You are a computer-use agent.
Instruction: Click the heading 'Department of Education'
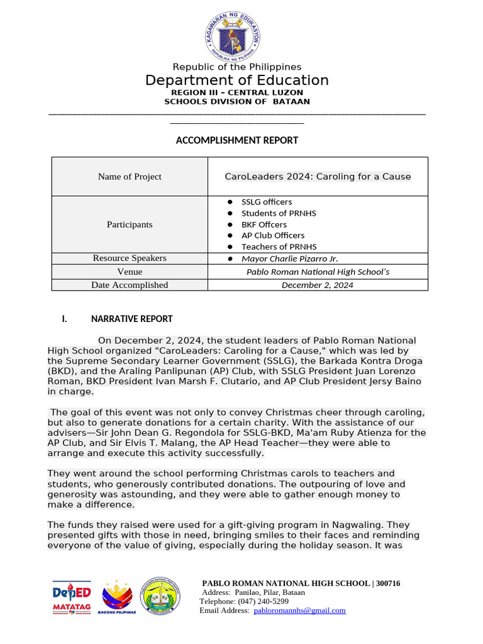(236, 80)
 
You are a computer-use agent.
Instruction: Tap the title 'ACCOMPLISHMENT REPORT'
(236, 140)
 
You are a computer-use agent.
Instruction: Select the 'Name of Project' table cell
(130, 177)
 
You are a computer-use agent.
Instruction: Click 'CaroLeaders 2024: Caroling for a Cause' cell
(318, 177)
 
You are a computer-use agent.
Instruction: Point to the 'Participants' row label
(130, 225)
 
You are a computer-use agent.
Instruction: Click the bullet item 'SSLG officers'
(267, 202)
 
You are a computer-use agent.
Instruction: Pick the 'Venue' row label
(130, 272)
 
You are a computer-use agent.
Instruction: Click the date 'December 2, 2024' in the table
(317, 285)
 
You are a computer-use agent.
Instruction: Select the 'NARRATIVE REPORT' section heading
(131, 319)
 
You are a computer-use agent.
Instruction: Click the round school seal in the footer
(160, 595)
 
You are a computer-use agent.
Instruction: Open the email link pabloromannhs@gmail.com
(299, 610)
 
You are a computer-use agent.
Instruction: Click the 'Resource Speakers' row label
(130, 258)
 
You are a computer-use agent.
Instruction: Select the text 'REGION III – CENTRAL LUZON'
(236, 92)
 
